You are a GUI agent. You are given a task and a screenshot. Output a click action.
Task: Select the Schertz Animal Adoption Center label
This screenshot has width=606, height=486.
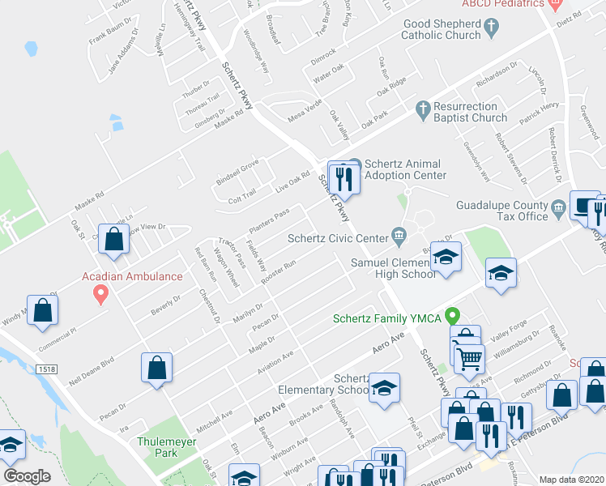pyautogui.click(x=405, y=168)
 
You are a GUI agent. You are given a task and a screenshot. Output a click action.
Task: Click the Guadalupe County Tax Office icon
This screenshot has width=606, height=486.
pyautogui.click(x=558, y=211)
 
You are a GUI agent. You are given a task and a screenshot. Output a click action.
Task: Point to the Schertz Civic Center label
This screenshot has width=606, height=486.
pyautogui.click(x=338, y=238)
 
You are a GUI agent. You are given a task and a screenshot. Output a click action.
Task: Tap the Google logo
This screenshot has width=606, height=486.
pyautogui.click(x=27, y=476)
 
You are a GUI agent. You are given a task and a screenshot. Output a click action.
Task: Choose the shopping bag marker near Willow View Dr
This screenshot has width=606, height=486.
pyautogui.click(x=114, y=240)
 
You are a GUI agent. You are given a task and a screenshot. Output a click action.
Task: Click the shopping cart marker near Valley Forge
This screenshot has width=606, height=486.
pyautogui.click(x=468, y=357)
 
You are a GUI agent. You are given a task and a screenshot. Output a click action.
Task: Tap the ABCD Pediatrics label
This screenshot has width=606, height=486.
pyautogui.click(x=497, y=4)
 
